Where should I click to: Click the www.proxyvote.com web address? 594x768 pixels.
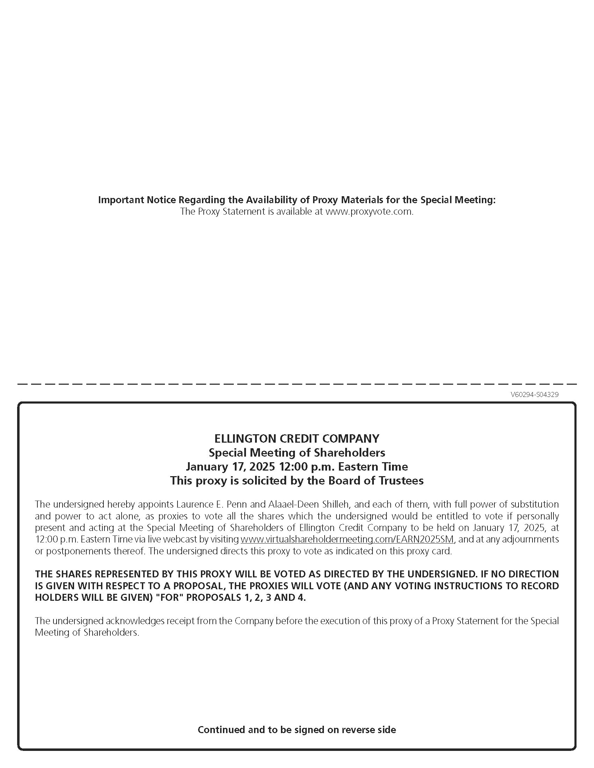(369, 212)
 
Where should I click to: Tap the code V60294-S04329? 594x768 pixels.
(534, 394)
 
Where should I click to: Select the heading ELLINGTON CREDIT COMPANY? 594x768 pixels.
(297, 438)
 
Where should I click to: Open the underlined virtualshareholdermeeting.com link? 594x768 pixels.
(347, 539)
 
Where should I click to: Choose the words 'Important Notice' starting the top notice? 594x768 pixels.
(137, 200)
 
